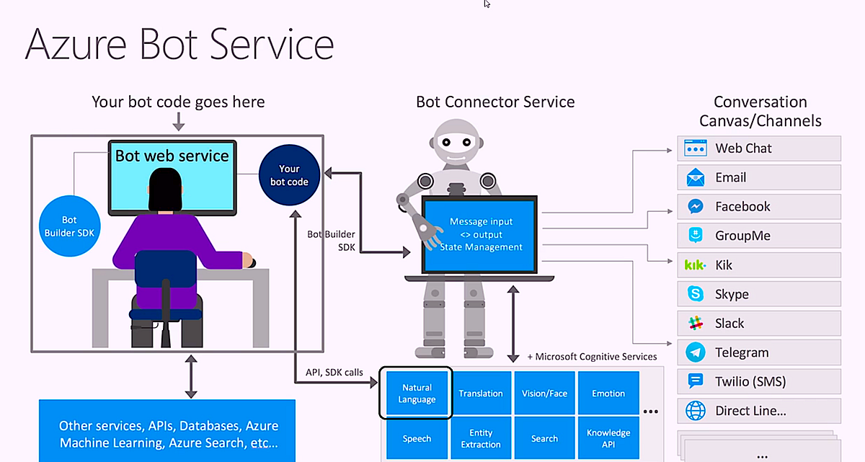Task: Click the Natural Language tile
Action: [x=417, y=394]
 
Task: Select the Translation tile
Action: [x=481, y=394]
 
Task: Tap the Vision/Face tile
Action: [x=544, y=394]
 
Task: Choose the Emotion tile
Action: [x=608, y=394]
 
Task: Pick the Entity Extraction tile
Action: [x=481, y=438]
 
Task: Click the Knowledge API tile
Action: [x=608, y=438]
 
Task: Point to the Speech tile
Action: [x=417, y=438]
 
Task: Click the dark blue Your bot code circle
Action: [x=289, y=175]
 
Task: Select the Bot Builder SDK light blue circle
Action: [x=69, y=226]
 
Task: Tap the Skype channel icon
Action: [x=695, y=294]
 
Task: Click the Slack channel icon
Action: [x=695, y=323]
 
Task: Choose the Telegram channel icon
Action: [x=695, y=352]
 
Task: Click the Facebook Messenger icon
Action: [x=695, y=206]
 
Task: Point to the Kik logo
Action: [x=695, y=265]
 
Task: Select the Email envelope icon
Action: [x=695, y=177]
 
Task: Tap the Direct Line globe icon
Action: [x=695, y=411]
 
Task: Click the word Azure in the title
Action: [x=76, y=44]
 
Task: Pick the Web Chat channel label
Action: [x=743, y=148]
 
